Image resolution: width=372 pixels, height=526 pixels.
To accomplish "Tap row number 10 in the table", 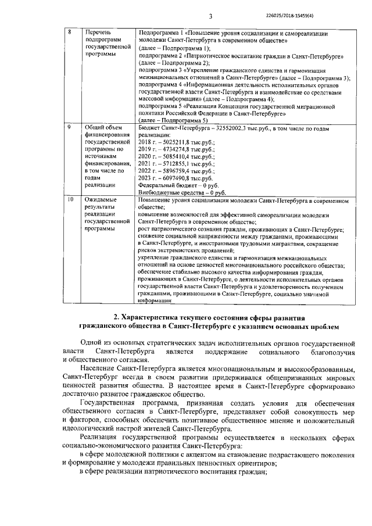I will pyautogui.click(x=70, y=200).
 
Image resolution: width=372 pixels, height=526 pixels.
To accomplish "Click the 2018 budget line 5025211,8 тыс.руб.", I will pyautogui.click(x=178, y=141).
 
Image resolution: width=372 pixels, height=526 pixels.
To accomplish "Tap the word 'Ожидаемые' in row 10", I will pyautogui.click(x=101, y=200).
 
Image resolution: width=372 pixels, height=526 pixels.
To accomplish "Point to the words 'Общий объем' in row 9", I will pyautogui.click(x=103, y=127).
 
